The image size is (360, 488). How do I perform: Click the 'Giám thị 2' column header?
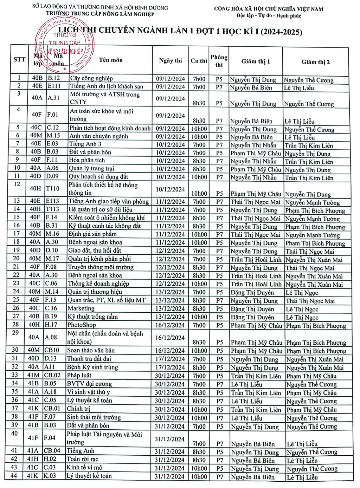[x=315, y=62]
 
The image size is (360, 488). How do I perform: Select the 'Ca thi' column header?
[x=199, y=61]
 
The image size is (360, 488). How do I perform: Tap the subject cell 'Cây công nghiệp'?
[x=91, y=78]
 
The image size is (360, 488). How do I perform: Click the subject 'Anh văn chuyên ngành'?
[x=98, y=136]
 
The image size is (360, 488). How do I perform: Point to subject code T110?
[x=52, y=189]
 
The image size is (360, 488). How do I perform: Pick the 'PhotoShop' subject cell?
[x=82, y=325]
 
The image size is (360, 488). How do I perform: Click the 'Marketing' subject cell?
[x=81, y=308]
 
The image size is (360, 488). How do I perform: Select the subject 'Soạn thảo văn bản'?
[x=91, y=350]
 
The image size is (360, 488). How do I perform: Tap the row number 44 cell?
[x=14, y=476]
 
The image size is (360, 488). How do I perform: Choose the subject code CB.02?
[x=52, y=376]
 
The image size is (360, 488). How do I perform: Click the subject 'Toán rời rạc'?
[x=83, y=459]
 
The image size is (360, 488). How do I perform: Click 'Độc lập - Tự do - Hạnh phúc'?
[x=269, y=16]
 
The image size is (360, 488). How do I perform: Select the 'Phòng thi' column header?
[x=219, y=61]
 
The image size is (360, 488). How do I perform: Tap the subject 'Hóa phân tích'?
[x=86, y=161]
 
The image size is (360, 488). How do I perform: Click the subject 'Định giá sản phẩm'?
[x=92, y=234]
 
